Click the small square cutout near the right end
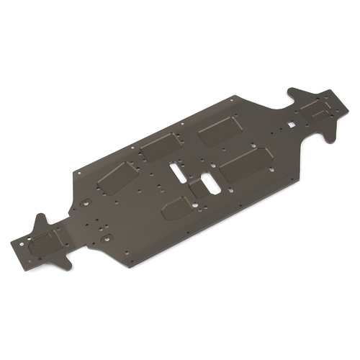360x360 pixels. pos(291,124)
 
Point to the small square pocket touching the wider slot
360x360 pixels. pos(197,189)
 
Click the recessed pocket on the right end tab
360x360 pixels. pos(314,109)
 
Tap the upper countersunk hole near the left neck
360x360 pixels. pos(86,203)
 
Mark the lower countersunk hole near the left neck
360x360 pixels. pos(107,237)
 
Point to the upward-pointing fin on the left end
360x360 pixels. pos(40,220)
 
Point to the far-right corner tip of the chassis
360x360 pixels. pos(346,102)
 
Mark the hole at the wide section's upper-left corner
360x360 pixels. pos(76,174)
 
